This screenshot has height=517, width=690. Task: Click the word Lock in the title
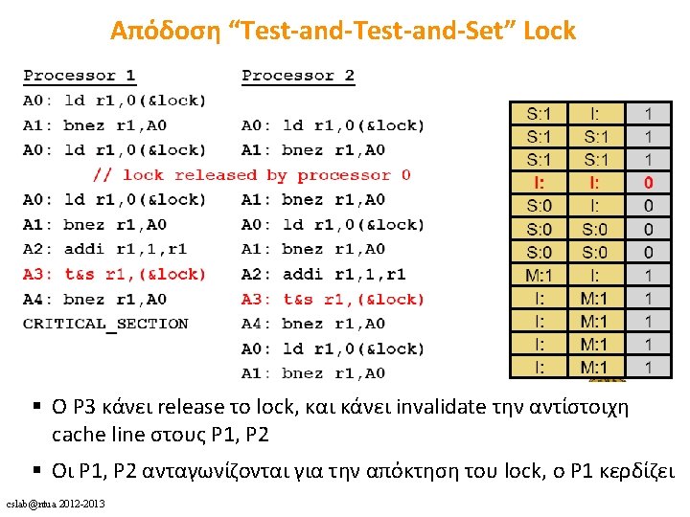[x=549, y=31]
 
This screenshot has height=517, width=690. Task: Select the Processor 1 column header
[x=80, y=75]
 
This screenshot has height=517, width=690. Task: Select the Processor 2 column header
[x=298, y=75]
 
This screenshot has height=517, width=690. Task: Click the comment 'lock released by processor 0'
[x=252, y=175]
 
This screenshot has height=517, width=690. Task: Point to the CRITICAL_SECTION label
[x=105, y=324]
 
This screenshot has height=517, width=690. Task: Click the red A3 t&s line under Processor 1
[x=114, y=274]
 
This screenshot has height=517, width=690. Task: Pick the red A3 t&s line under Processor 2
[x=333, y=299]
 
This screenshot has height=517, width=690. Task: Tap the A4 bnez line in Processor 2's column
[x=312, y=324]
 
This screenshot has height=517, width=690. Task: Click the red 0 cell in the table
[x=649, y=182]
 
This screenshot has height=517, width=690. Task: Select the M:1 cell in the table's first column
[x=539, y=275]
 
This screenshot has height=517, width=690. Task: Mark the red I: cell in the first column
[x=539, y=182]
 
